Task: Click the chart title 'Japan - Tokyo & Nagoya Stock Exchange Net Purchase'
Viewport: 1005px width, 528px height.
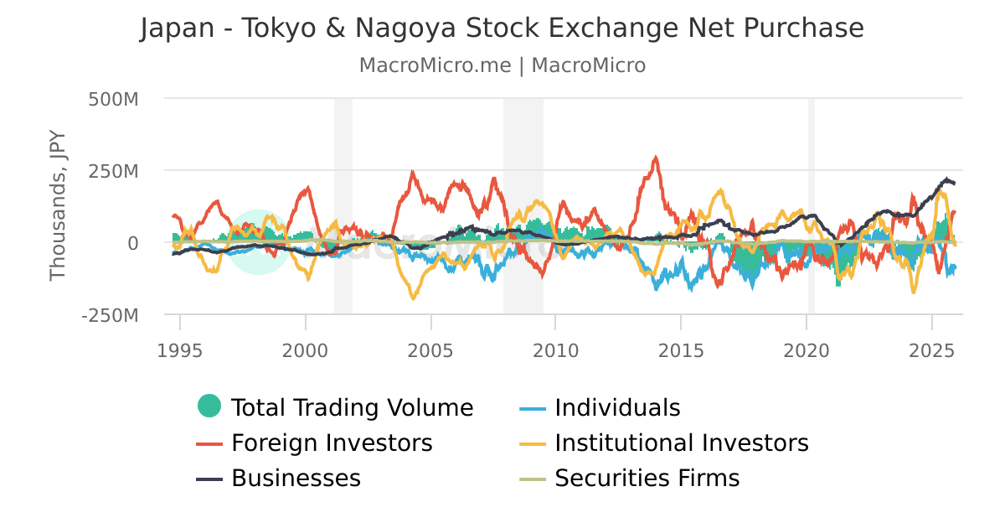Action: click(502, 28)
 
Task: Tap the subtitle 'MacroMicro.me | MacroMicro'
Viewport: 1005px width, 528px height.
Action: click(502, 65)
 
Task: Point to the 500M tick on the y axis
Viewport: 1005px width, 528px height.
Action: click(113, 99)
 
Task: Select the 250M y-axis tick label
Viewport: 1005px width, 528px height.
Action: click(113, 171)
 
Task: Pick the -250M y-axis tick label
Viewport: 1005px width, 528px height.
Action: click(110, 316)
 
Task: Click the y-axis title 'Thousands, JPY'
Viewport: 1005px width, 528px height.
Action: click(57, 206)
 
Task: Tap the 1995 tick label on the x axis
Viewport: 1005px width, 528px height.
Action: click(180, 349)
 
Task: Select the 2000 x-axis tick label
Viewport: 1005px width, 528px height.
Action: click(306, 349)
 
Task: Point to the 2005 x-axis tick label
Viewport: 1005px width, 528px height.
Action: click(430, 349)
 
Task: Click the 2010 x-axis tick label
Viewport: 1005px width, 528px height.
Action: click(556, 349)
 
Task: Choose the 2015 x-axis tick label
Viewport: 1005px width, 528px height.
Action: click(681, 349)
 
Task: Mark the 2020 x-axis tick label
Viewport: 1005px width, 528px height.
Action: click(807, 349)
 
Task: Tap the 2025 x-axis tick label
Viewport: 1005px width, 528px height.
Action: click(932, 349)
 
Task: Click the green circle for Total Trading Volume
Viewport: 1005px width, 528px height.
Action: click(209, 406)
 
